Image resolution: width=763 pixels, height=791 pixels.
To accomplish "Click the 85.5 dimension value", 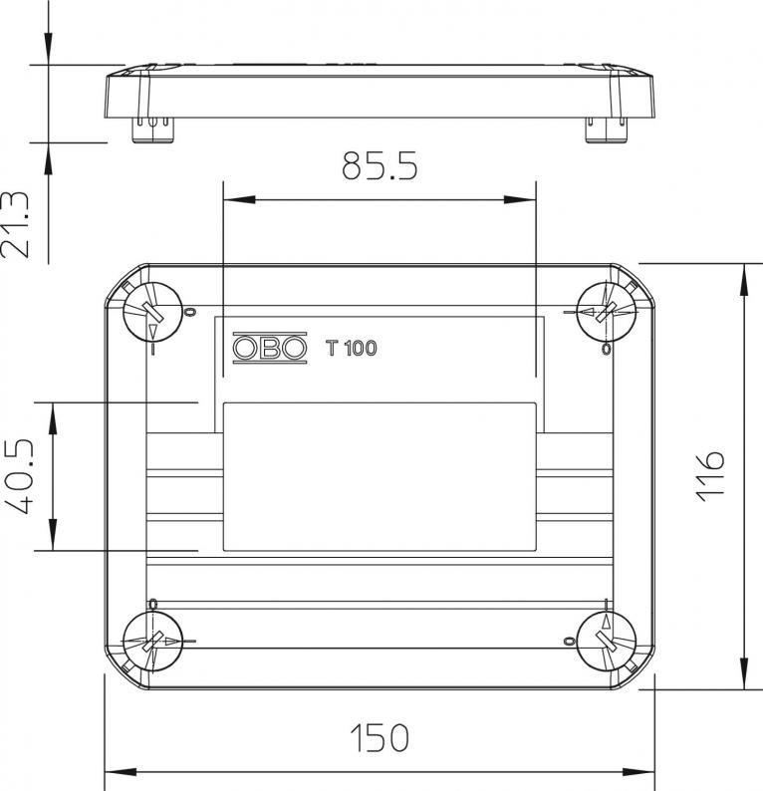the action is [380, 165].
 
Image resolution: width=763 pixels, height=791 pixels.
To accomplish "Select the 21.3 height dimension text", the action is [14, 224].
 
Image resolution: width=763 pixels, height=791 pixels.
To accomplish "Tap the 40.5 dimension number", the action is [19, 477].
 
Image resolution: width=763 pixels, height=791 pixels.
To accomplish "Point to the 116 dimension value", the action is [710, 476].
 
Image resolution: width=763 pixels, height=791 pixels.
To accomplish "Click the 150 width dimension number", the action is [380, 738].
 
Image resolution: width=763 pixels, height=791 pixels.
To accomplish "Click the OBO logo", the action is [269, 348].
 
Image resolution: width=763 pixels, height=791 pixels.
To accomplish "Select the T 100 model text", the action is [351, 348].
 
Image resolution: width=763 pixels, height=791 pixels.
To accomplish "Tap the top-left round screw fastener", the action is [152, 312].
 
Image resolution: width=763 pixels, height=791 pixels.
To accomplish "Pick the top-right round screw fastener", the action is [606, 312].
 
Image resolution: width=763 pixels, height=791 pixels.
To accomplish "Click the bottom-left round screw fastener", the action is [152, 642].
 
